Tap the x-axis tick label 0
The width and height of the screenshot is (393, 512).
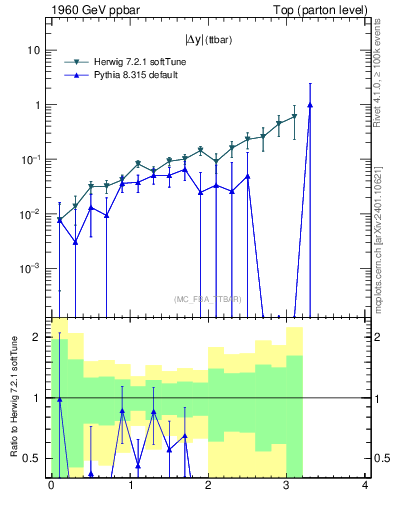pyautogui.click(x=51, y=487)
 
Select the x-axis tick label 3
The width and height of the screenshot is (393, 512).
pyautogui.click(x=286, y=487)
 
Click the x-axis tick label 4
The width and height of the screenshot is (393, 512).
pyautogui.click(x=365, y=487)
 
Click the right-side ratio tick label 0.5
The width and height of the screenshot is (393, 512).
pyautogui.click(x=381, y=459)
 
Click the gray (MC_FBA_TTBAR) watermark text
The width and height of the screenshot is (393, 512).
pyautogui.click(x=207, y=299)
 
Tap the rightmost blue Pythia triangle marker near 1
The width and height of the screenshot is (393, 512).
pyautogui.click(x=310, y=104)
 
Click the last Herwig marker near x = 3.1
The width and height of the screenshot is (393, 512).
pyautogui.click(x=294, y=117)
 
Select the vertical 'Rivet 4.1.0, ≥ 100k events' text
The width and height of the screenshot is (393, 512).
pyautogui.click(x=381, y=70)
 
